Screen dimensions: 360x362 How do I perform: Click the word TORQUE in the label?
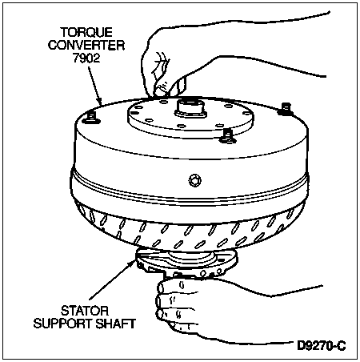(86, 32)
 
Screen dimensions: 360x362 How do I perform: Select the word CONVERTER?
(86, 45)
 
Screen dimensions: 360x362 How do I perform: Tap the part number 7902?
(86, 58)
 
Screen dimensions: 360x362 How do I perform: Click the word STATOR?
(85, 311)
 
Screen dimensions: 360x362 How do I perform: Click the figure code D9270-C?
(322, 346)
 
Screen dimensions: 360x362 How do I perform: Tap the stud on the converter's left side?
(91, 118)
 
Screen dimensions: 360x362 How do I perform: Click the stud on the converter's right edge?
(285, 109)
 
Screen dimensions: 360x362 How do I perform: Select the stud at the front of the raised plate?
(226, 135)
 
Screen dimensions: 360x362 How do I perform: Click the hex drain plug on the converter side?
(194, 180)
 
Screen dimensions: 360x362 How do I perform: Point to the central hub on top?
(190, 110)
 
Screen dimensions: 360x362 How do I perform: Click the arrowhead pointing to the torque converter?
(100, 102)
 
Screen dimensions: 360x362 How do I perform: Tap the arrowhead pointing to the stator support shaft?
(133, 263)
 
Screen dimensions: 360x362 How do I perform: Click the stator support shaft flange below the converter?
(186, 263)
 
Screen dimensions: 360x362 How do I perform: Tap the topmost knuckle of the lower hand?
(163, 288)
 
